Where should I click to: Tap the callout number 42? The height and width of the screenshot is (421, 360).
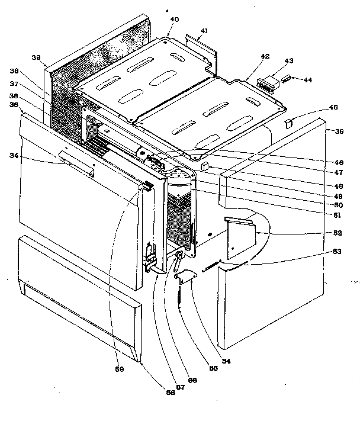(x=265, y=57)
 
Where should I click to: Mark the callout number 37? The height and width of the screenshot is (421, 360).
(x=31, y=83)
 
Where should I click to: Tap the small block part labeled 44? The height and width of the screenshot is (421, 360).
(x=286, y=78)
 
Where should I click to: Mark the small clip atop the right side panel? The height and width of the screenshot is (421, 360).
(x=289, y=123)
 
